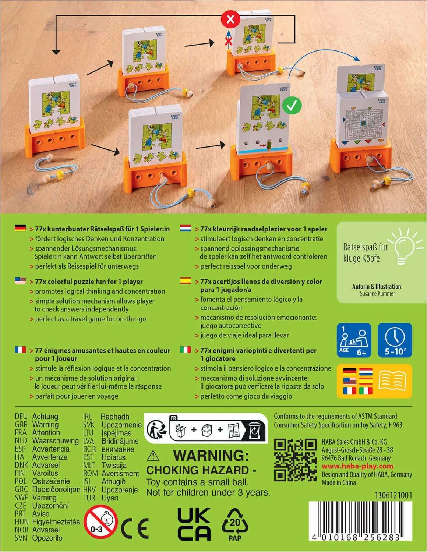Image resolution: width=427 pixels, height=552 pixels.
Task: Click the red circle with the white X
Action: [x=230, y=19]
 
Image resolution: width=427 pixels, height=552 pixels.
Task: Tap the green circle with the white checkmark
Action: [x=292, y=106]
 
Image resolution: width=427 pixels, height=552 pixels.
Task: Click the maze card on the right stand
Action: [x=363, y=121]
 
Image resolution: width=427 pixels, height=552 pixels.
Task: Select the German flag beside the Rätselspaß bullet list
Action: [x=20, y=229]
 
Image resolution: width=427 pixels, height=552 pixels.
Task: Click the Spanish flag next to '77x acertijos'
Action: [x=186, y=281]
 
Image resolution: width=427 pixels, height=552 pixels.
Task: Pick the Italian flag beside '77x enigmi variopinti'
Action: [x=186, y=350]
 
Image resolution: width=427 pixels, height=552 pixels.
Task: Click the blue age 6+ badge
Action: [x=354, y=340]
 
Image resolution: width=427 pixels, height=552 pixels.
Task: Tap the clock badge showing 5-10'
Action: [x=395, y=340]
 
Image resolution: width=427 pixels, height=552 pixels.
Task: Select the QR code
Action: [x=295, y=460]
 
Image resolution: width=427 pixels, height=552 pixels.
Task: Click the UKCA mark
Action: [x=194, y=524]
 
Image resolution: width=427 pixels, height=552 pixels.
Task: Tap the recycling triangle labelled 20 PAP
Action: [x=235, y=524]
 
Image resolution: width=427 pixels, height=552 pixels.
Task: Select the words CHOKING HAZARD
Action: [x=201, y=470]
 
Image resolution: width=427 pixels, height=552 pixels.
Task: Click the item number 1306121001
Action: [x=393, y=495]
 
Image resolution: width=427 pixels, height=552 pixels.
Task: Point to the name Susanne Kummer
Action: [x=377, y=294]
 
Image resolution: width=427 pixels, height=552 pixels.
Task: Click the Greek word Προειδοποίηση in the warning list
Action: [x=56, y=489]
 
